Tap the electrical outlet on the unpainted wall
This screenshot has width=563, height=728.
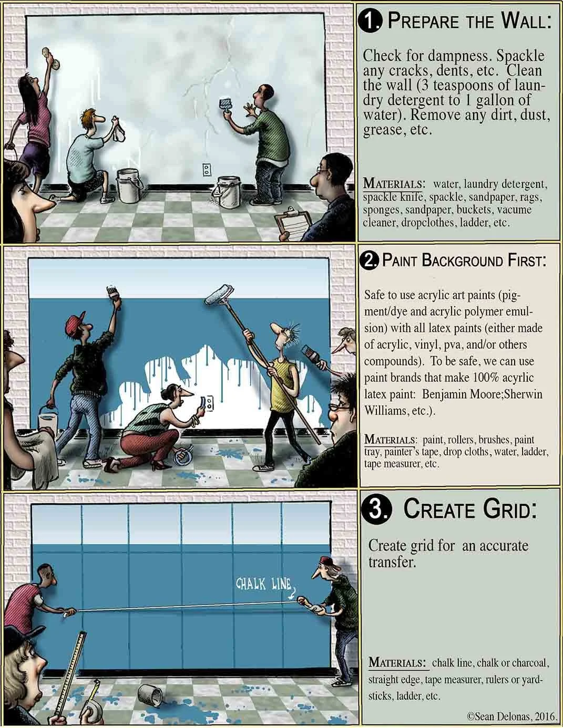coord(207,169)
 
